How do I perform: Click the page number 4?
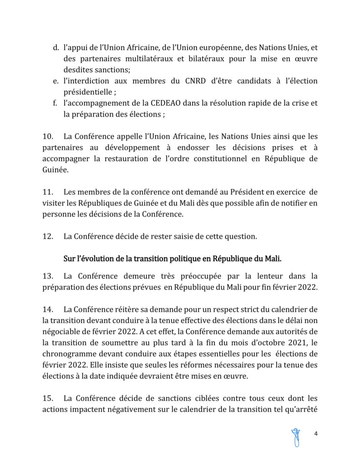coord(315,434)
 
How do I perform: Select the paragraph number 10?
coord(47,136)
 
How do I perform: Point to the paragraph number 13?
coord(47,275)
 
